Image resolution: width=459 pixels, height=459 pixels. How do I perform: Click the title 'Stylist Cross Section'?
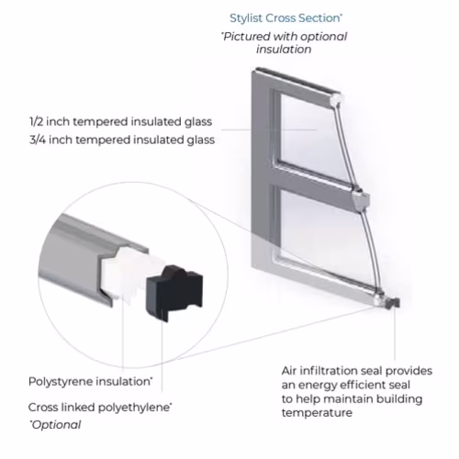(285, 18)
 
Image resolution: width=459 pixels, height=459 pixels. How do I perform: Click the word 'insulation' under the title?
(284, 50)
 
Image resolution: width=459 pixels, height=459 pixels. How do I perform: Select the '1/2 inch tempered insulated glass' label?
(120, 122)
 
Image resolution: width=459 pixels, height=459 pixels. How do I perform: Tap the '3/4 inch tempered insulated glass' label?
(122, 140)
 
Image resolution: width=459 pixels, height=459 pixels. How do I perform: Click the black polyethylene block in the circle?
(174, 292)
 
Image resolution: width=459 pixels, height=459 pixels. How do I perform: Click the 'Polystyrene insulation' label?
(90, 382)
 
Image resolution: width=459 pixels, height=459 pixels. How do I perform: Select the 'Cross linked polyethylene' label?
(100, 408)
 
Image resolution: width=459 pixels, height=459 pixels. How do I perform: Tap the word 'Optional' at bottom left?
(55, 425)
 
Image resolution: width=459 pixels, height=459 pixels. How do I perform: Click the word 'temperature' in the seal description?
(317, 413)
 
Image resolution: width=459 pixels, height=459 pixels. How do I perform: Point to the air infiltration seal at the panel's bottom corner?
(392, 302)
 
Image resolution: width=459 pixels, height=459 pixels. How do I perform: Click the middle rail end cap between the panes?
(361, 200)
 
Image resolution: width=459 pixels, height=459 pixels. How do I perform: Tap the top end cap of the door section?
(337, 98)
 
